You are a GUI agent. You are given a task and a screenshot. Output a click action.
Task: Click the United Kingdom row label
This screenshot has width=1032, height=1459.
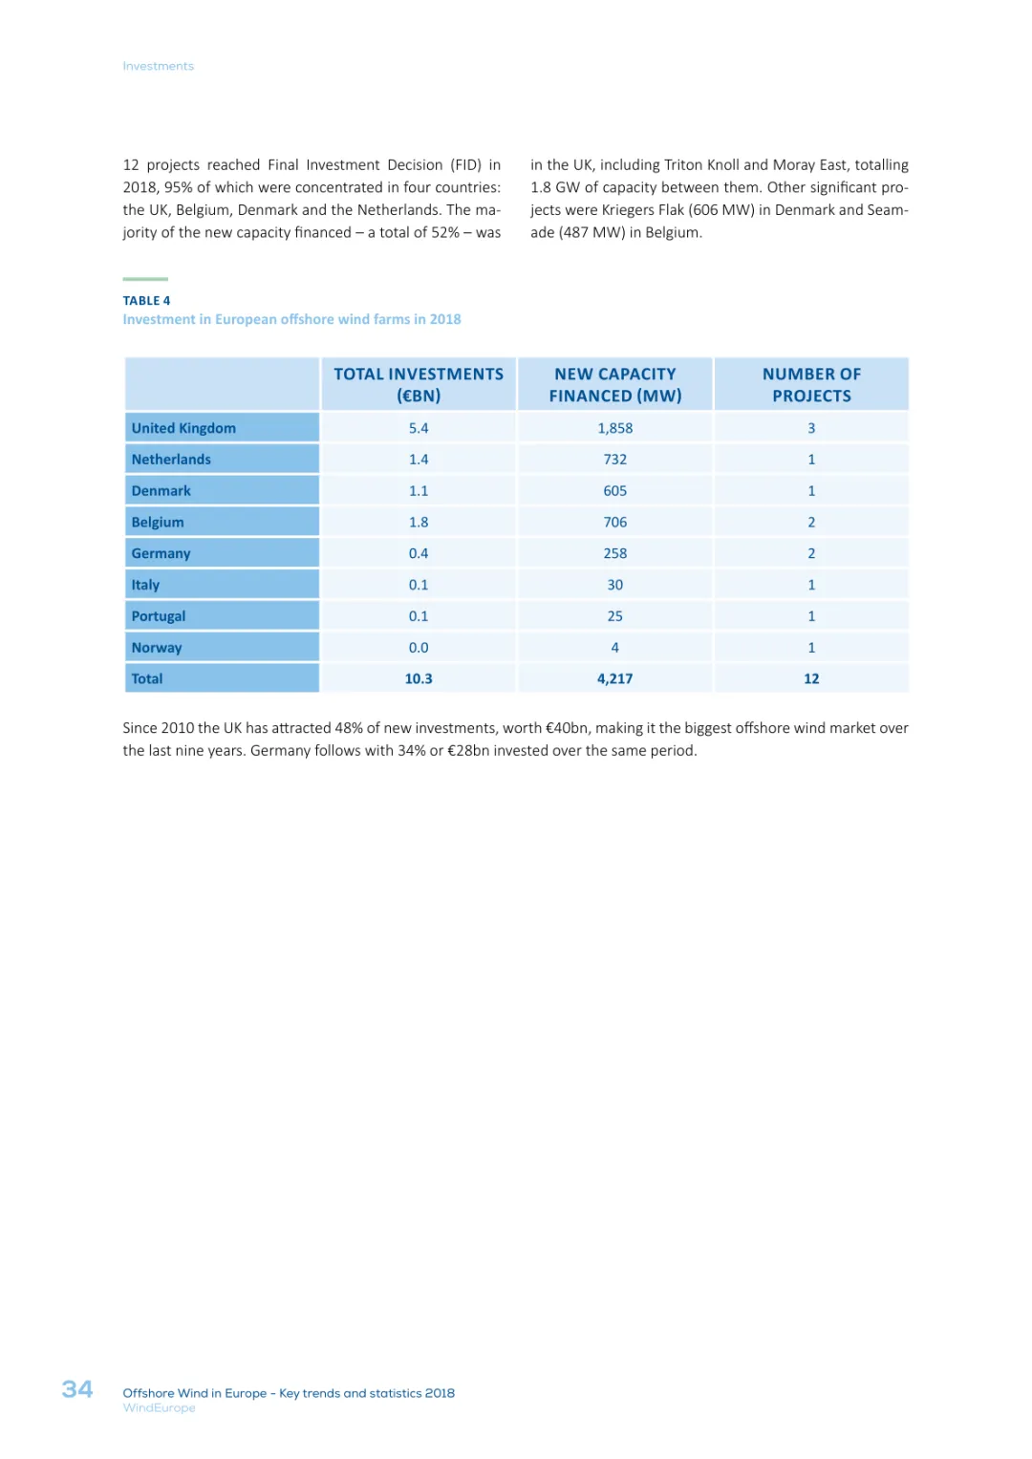pyautogui.click(x=183, y=428)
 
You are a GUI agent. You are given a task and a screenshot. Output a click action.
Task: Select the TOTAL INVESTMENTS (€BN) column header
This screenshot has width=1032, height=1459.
pyautogui.click(x=419, y=385)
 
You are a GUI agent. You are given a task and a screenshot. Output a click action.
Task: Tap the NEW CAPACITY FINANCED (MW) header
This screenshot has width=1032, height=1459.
pyautogui.click(x=615, y=385)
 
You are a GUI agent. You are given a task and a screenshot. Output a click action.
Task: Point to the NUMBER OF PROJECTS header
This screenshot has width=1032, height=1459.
pyautogui.click(x=811, y=385)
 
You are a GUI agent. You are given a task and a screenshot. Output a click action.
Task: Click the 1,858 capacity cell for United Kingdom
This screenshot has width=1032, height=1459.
pyautogui.click(x=615, y=428)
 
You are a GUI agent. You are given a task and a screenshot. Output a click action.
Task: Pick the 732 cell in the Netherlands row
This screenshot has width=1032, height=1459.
pyautogui.click(x=615, y=460)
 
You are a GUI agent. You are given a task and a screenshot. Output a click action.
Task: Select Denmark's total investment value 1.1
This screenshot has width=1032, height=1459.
pyautogui.click(x=419, y=491)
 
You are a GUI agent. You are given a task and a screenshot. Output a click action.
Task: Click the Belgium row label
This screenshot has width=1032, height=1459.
pyautogui.click(x=158, y=523)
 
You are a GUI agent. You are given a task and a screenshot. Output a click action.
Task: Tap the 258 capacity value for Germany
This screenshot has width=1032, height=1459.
pyautogui.click(x=615, y=553)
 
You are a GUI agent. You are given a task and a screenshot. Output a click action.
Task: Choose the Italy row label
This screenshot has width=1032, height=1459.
pyautogui.click(x=145, y=585)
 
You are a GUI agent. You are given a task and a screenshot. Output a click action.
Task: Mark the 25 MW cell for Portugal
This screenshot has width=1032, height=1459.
pyautogui.click(x=615, y=616)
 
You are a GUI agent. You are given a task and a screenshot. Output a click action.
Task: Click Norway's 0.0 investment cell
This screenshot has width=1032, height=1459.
pyautogui.click(x=419, y=648)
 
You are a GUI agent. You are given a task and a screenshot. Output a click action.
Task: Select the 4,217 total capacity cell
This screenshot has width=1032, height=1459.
pyautogui.click(x=615, y=679)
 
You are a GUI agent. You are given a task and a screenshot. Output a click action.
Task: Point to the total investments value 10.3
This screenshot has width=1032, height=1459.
pyautogui.click(x=419, y=679)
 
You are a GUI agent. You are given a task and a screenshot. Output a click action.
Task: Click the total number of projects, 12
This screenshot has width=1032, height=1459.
pyautogui.click(x=811, y=679)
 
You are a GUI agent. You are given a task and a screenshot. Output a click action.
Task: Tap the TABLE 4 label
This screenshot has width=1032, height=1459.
pyautogui.click(x=146, y=301)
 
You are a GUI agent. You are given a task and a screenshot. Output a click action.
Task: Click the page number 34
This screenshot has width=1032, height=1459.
pyautogui.click(x=77, y=1389)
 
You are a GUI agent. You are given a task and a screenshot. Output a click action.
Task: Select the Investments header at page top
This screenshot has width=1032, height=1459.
pyautogui.click(x=159, y=66)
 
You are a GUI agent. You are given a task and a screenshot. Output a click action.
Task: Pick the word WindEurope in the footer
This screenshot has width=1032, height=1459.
pyautogui.click(x=159, y=1408)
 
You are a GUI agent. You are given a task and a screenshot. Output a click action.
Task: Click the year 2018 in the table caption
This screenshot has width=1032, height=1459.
pyautogui.click(x=445, y=319)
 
